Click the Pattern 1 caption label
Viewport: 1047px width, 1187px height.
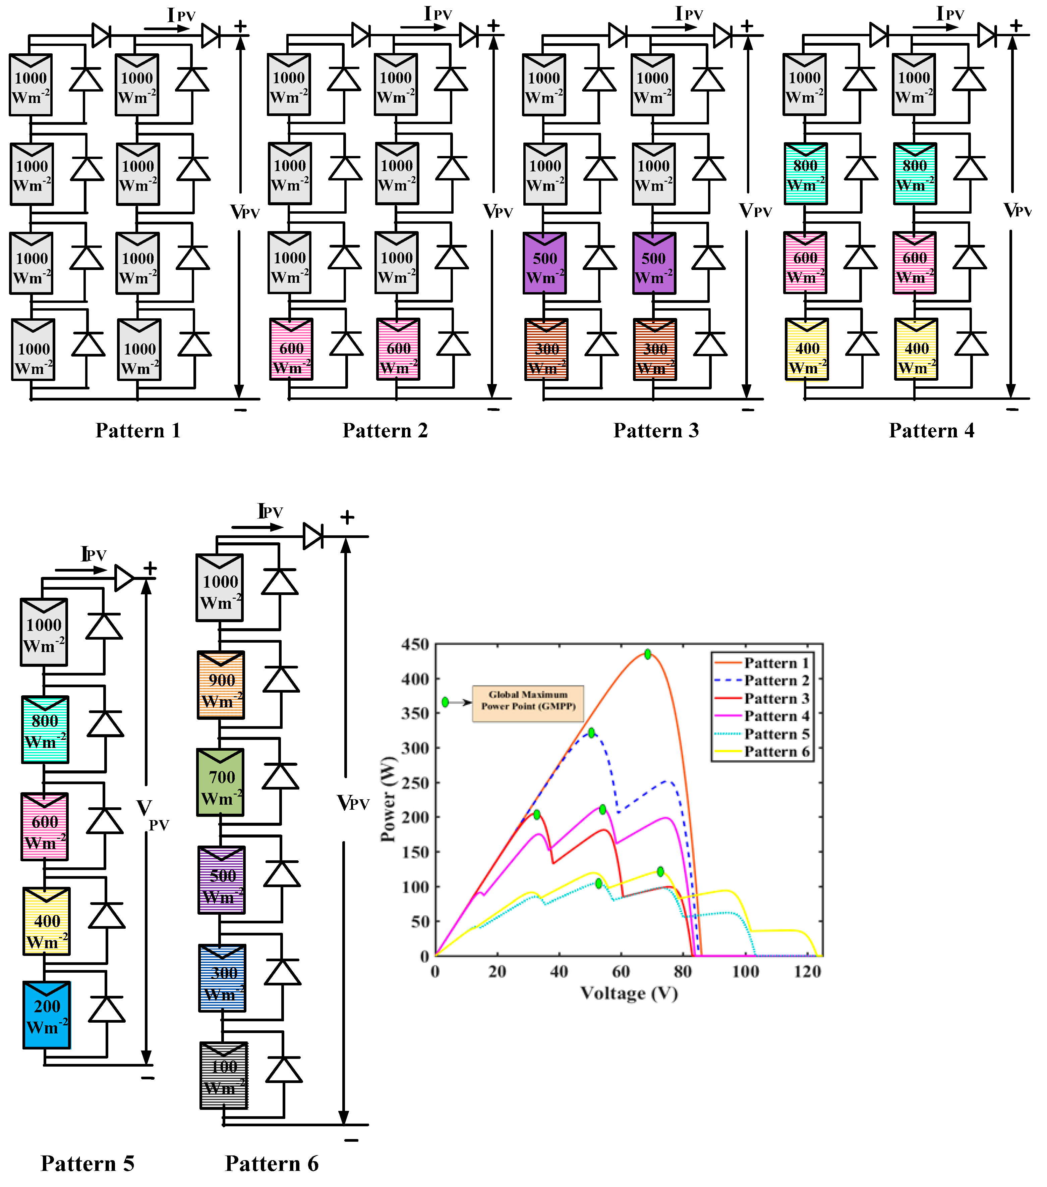click(138, 430)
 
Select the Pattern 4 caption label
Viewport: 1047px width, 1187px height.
click(932, 430)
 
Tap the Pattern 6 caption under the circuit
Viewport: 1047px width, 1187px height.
click(272, 1163)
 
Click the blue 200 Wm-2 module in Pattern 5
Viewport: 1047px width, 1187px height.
click(46, 1015)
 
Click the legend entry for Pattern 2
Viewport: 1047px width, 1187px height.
click(776, 680)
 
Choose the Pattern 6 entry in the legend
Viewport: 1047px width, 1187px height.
click(776, 751)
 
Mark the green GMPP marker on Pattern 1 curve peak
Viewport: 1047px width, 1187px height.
click(648, 654)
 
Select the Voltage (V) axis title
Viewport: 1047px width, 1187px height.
click(629, 993)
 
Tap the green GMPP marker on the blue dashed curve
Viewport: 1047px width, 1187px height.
click(591, 733)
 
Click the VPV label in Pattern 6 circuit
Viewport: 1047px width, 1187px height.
click(353, 803)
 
